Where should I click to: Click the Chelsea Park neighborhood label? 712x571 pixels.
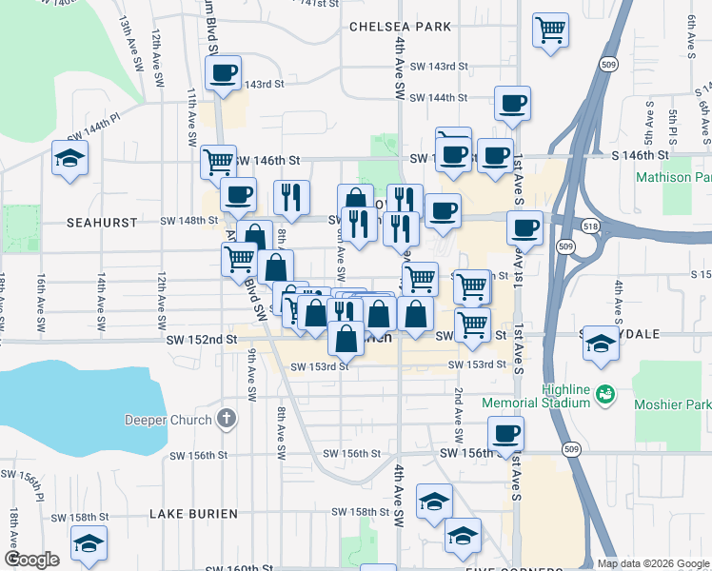[399, 27]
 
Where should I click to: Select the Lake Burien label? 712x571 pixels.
[193, 514]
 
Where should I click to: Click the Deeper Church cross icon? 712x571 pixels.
[226, 419]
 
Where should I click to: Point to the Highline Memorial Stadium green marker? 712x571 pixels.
[603, 391]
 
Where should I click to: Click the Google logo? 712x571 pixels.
[31, 560]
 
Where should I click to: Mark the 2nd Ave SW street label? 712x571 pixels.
[458, 418]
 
